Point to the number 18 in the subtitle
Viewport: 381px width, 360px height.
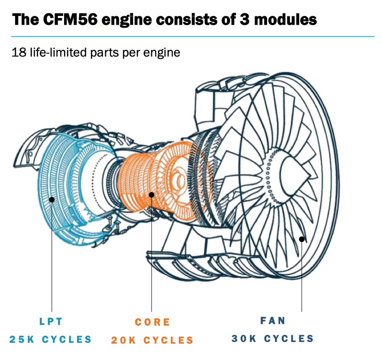coord(19,53)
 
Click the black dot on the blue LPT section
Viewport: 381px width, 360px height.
coord(52,199)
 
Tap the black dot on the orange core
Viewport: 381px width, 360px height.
coord(152,194)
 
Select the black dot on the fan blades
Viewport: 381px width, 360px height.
coord(301,239)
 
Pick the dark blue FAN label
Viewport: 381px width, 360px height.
coord(273,321)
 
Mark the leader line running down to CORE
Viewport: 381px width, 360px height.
coord(152,260)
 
